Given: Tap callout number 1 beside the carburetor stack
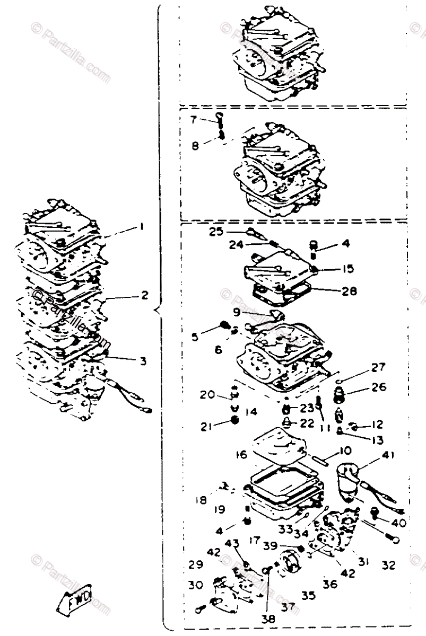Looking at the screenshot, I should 142,227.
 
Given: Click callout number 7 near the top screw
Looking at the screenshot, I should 194,120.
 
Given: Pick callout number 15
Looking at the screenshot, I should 347,269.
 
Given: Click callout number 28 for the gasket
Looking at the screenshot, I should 350,291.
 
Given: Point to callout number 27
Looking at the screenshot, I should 378,367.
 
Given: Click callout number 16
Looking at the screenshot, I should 242,455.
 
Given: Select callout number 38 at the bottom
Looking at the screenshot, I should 265,618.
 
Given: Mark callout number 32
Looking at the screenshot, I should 388,566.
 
